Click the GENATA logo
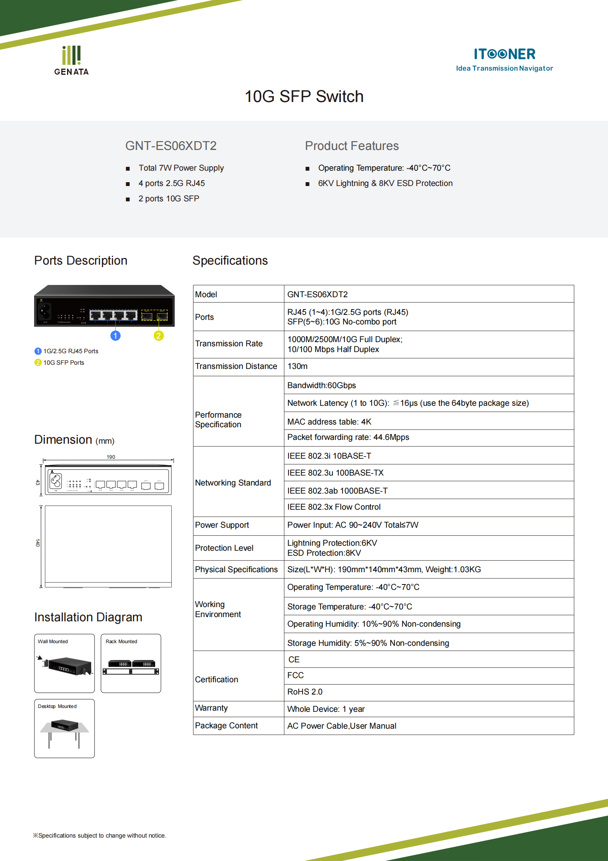click(x=71, y=61)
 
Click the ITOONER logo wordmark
click(x=504, y=54)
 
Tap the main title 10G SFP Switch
click(x=304, y=97)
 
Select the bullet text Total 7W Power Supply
click(x=181, y=168)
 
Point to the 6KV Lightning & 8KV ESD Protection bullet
click(x=385, y=183)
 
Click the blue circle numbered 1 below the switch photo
click(x=115, y=336)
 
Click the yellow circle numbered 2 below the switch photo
click(x=159, y=336)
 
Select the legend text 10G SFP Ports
click(x=64, y=362)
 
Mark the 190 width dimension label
click(x=111, y=457)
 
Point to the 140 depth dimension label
click(x=38, y=543)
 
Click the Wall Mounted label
click(x=53, y=641)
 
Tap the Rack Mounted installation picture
click(x=131, y=667)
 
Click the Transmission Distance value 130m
click(x=297, y=366)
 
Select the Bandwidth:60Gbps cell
click(x=321, y=385)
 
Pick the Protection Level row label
click(x=224, y=548)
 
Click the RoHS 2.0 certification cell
click(x=305, y=692)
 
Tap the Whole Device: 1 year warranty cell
click(x=326, y=709)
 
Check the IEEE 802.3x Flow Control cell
click(x=334, y=507)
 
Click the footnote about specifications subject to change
click(x=100, y=835)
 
